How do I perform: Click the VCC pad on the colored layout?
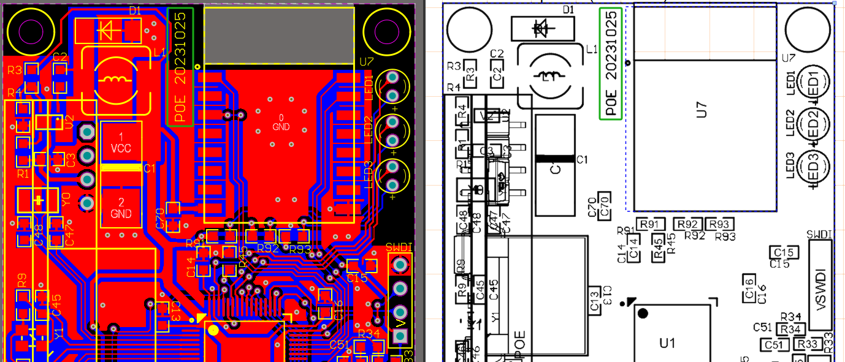[x=121, y=142]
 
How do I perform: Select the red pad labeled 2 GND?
[x=121, y=208]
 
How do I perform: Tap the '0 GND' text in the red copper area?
[x=281, y=122]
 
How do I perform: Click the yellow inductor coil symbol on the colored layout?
[x=114, y=79]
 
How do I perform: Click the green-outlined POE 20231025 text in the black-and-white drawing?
[x=611, y=63]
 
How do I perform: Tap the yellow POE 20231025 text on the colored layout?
[x=180, y=67]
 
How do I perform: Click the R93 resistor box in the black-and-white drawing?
[x=721, y=224]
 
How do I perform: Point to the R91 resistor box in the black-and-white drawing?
[x=652, y=224]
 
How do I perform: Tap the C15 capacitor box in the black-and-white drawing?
[x=784, y=252]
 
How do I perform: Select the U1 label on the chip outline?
[x=667, y=344]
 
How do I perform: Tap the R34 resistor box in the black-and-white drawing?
[x=792, y=329]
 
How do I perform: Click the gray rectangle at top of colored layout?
[x=279, y=36]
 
